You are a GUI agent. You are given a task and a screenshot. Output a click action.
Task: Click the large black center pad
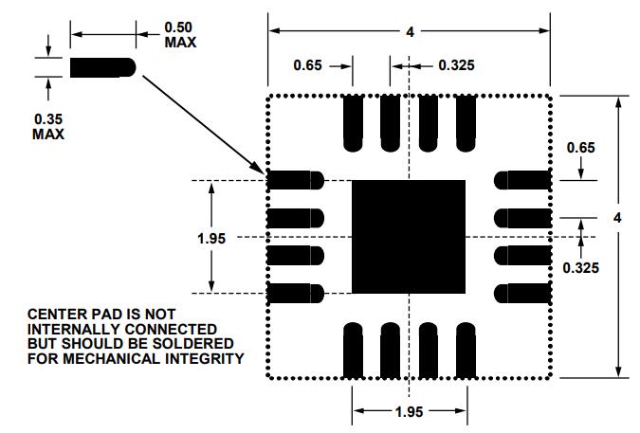pos(409,237)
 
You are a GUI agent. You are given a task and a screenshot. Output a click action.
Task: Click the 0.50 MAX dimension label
pos(180,35)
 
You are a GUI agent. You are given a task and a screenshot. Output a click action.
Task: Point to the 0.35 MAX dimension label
pos(48,126)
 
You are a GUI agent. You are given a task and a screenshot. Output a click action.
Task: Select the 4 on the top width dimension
pos(410,32)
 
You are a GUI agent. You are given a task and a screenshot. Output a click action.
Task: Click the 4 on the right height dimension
pos(618,218)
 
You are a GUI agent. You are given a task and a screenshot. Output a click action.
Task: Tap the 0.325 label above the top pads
pos(456,65)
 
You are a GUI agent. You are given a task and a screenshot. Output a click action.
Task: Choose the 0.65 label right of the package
pos(580,148)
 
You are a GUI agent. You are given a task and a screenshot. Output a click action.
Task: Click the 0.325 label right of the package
pos(580,267)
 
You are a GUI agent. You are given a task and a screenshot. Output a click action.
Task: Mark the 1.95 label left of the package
pos(211,238)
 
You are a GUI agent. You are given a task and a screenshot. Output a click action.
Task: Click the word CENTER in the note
pos(53,314)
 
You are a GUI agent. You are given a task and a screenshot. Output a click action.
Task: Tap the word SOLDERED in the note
pos(196,342)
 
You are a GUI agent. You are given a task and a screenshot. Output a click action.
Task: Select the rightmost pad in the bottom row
pos(465,351)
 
